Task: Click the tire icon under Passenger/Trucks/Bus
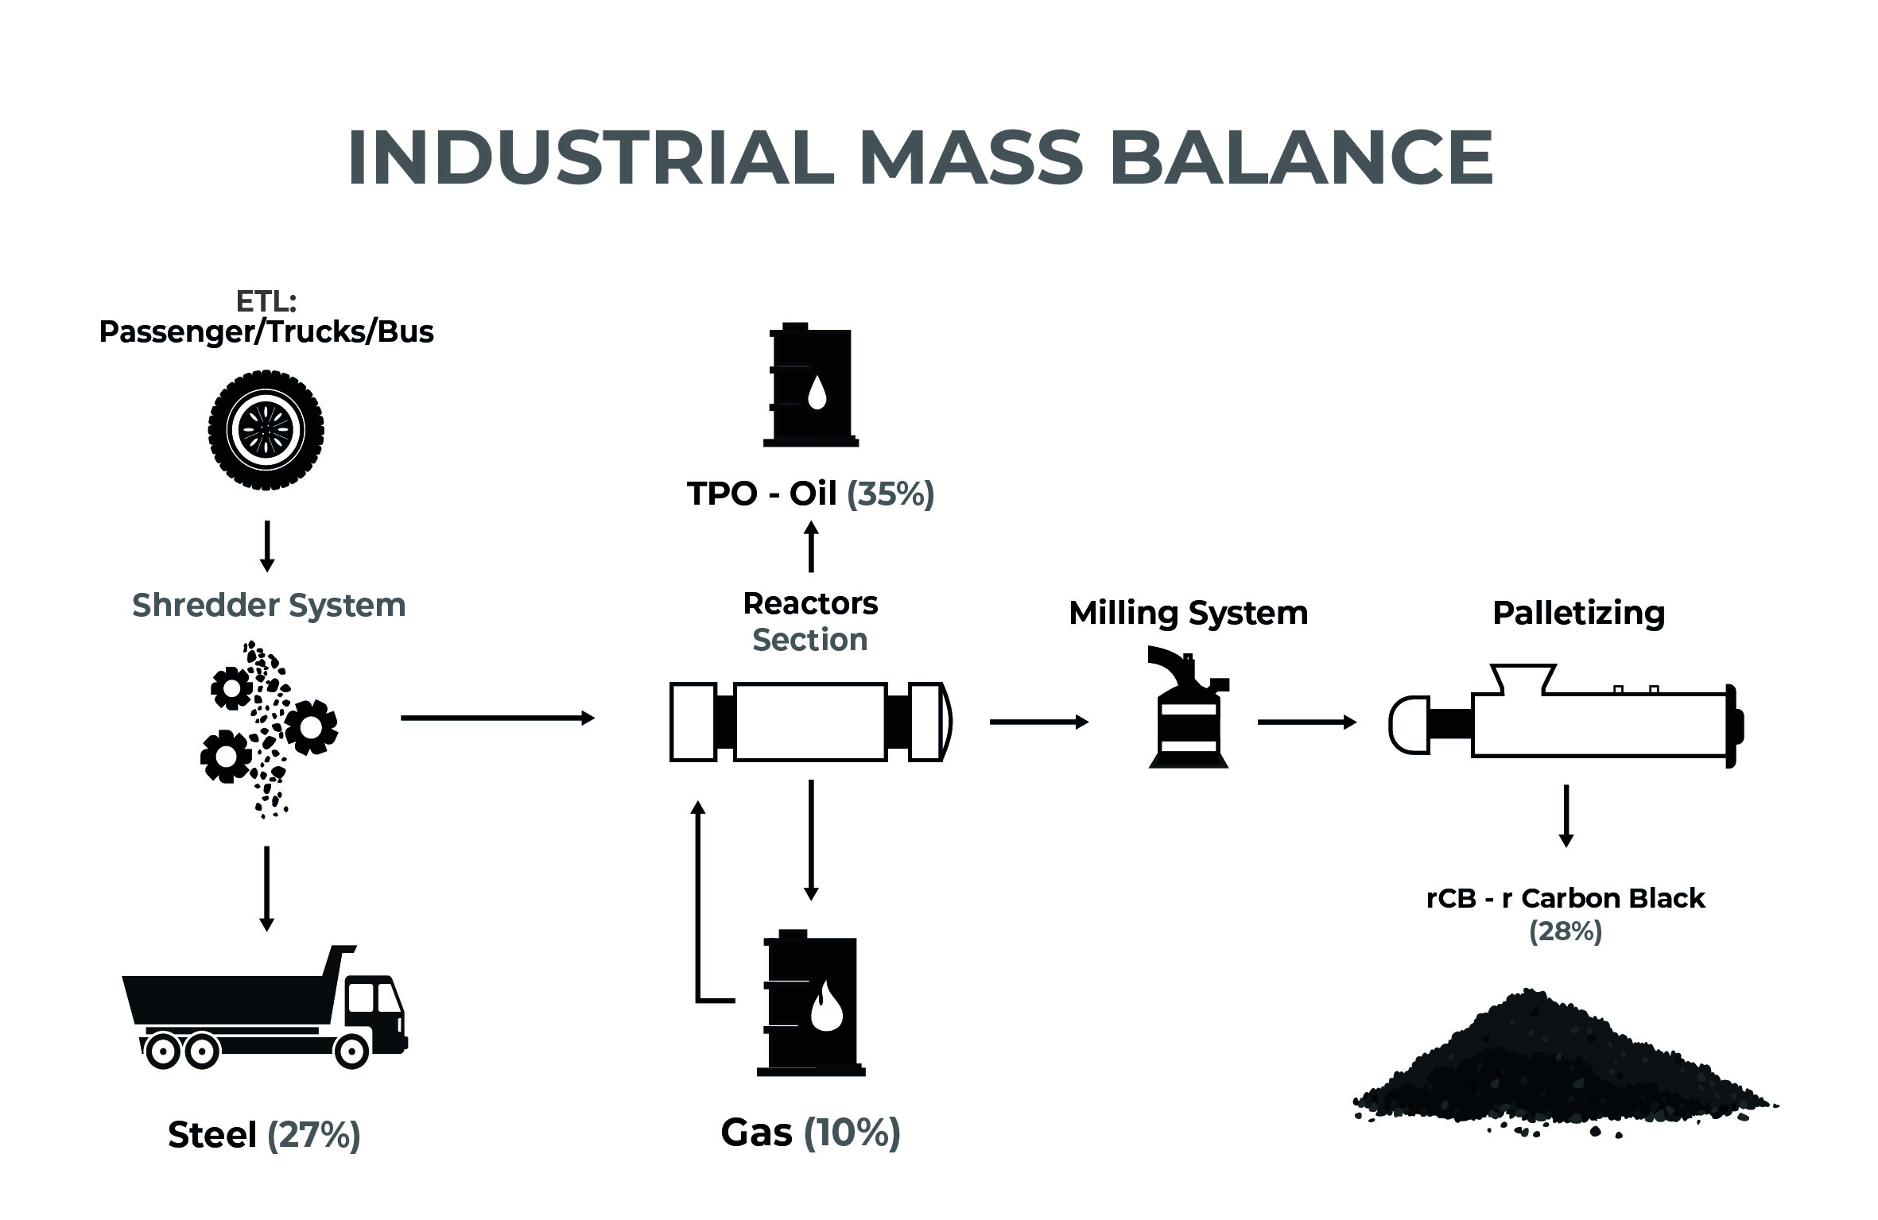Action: pos(266,430)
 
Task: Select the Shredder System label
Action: pos(269,606)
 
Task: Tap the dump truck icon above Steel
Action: pos(265,1007)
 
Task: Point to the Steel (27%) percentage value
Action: pos(314,1135)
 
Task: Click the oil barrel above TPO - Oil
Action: pos(810,385)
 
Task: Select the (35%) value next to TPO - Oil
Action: pos(890,494)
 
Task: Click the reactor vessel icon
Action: pos(811,722)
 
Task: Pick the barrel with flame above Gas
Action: pos(811,1002)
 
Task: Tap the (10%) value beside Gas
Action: pos(852,1133)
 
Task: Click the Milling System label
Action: pos(1188,613)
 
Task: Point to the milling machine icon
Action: pos(1189,707)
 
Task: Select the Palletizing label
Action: pos(1578,613)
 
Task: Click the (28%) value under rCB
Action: pos(1566,931)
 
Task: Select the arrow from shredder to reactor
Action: pos(498,718)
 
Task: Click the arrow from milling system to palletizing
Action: pos(1307,722)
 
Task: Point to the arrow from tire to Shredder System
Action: pos(267,546)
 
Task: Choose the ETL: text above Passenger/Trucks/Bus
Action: pos(266,301)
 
